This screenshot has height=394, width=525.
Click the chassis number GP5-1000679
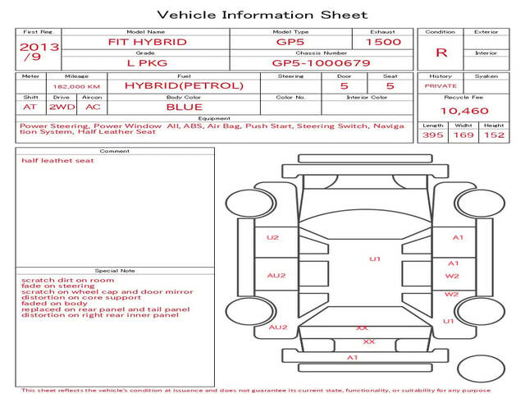coord(321,63)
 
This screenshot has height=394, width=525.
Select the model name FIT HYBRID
coord(148,42)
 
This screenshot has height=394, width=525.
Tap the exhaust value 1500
coord(383,42)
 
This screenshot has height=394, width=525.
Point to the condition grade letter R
coord(441,53)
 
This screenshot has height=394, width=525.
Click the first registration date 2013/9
coord(39,52)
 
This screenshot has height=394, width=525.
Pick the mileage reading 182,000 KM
coord(76,87)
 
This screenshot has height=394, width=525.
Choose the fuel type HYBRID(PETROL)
coord(184,85)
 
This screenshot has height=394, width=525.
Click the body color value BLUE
coord(185,108)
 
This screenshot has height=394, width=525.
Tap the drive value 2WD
coord(62,108)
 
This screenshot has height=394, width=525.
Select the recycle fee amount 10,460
coord(464,111)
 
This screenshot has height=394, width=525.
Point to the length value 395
coord(433,135)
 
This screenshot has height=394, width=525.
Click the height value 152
coord(494,135)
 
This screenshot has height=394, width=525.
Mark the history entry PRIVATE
coord(441,86)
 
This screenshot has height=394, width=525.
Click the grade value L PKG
coord(147,63)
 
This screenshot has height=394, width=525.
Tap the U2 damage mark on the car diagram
coord(272,237)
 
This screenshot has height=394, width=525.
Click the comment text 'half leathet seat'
coord(57,161)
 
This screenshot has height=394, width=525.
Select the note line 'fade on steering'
coord(58,286)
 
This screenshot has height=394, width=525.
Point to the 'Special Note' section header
coord(115,271)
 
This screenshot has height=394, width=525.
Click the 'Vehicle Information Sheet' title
coord(262,15)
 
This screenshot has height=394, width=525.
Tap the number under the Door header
coord(345,86)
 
